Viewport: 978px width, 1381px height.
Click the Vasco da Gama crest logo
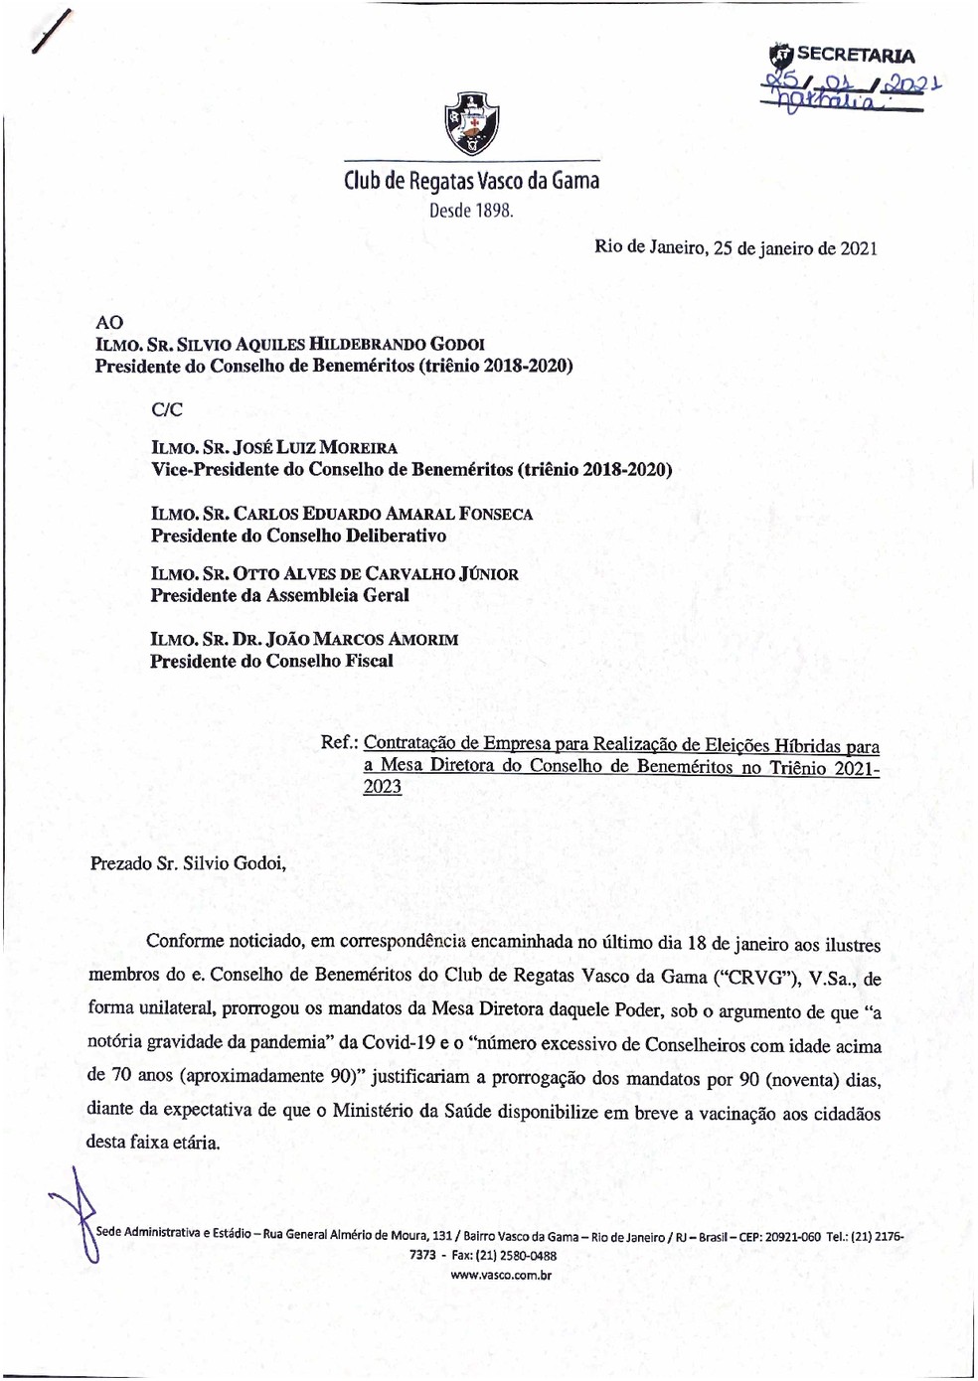[471, 124]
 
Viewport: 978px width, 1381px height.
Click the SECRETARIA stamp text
[855, 56]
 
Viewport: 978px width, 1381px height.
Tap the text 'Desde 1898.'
[471, 211]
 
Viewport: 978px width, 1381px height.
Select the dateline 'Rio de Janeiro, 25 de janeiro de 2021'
[735, 248]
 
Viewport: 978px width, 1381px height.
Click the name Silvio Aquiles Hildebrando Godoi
[358, 345]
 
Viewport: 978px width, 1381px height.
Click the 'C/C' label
[167, 409]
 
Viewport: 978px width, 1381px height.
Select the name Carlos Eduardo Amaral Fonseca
[383, 514]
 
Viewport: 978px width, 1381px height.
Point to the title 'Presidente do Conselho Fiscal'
[271, 661]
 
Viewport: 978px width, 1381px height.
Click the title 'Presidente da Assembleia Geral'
[279, 595]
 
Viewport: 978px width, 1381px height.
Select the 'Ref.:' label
[339, 743]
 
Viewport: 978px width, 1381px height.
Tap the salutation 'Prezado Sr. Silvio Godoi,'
[188, 863]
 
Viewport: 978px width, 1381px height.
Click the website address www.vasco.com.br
[500, 1275]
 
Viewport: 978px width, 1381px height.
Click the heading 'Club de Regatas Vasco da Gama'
[471, 181]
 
